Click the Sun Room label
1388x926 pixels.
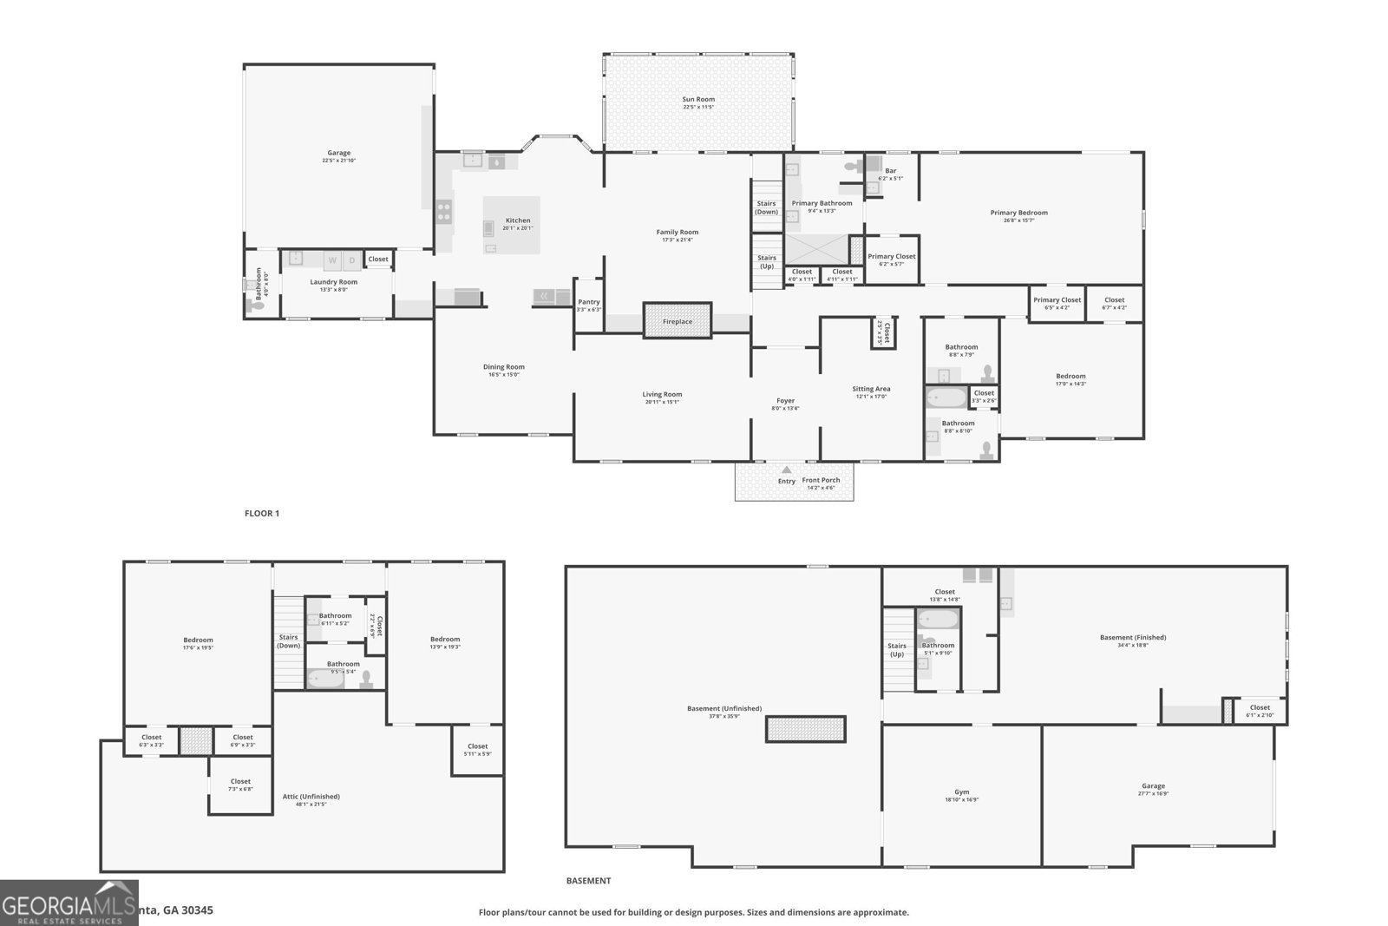click(698, 100)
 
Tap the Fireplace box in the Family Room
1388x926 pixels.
click(678, 320)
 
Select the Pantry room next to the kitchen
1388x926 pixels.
click(589, 305)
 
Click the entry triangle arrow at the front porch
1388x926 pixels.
click(787, 470)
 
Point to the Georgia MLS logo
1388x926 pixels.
click(69, 903)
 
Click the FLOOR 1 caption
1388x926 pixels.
click(262, 514)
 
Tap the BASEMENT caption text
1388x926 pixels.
click(588, 881)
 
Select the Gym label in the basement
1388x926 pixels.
click(962, 792)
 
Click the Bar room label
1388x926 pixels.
click(891, 171)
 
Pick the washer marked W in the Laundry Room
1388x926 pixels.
click(332, 260)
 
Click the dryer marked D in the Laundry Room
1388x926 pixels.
click(352, 260)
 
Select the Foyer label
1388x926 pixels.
click(785, 401)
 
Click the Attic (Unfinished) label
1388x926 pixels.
click(311, 797)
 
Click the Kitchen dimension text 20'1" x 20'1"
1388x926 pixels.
click(518, 228)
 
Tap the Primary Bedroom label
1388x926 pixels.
click(1019, 213)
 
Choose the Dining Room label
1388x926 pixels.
click(504, 367)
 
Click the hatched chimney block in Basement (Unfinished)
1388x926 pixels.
click(805, 729)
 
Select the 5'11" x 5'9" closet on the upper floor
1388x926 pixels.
click(477, 750)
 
